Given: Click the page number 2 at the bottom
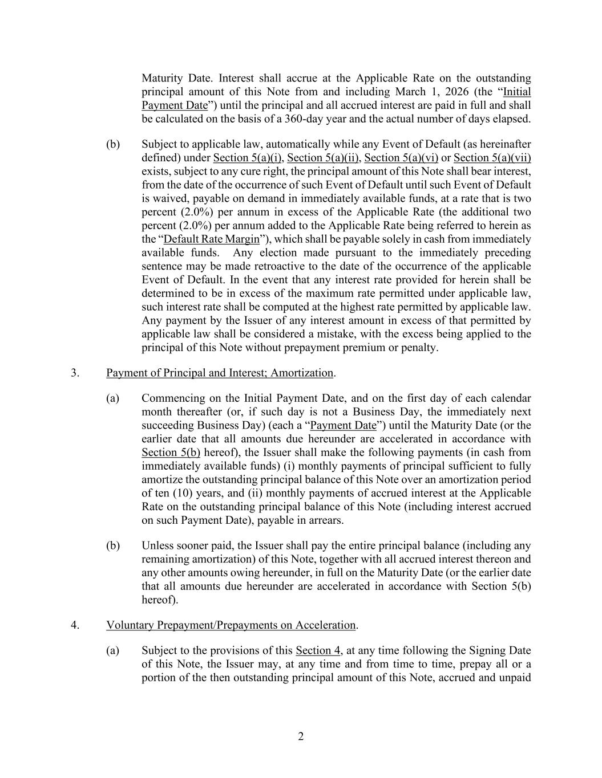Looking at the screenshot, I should click(301, 736).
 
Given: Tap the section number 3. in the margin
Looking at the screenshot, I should click(75, 373).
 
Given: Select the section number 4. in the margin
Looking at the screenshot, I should click(75, 625).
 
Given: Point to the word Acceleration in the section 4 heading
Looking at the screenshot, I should click(325, 625).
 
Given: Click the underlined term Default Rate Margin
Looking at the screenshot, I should click(211, 239).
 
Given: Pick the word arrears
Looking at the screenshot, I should click(325, 520).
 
